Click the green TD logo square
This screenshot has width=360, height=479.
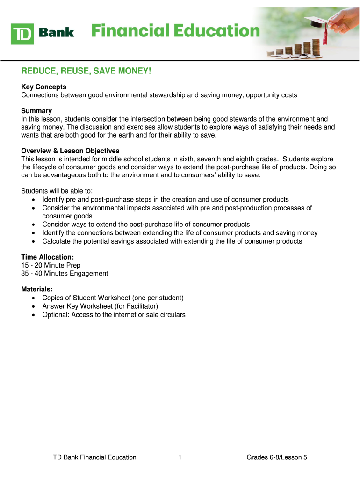22,33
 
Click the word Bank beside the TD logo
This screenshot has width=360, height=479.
56,32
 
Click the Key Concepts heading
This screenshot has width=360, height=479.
43,87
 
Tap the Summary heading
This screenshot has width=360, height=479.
36,111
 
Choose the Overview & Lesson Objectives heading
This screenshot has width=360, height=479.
70,151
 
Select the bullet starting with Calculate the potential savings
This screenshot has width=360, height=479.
172,241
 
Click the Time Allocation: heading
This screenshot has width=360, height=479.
47,257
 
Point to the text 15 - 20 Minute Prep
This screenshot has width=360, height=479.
50,265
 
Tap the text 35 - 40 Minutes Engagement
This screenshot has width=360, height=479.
65,273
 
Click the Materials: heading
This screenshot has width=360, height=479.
37,289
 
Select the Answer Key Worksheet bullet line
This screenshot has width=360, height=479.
100,306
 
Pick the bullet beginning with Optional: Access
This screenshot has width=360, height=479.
114,314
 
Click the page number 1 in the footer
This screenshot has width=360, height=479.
180,457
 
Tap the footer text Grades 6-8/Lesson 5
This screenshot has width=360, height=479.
277,457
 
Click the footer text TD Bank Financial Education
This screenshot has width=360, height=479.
94,457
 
